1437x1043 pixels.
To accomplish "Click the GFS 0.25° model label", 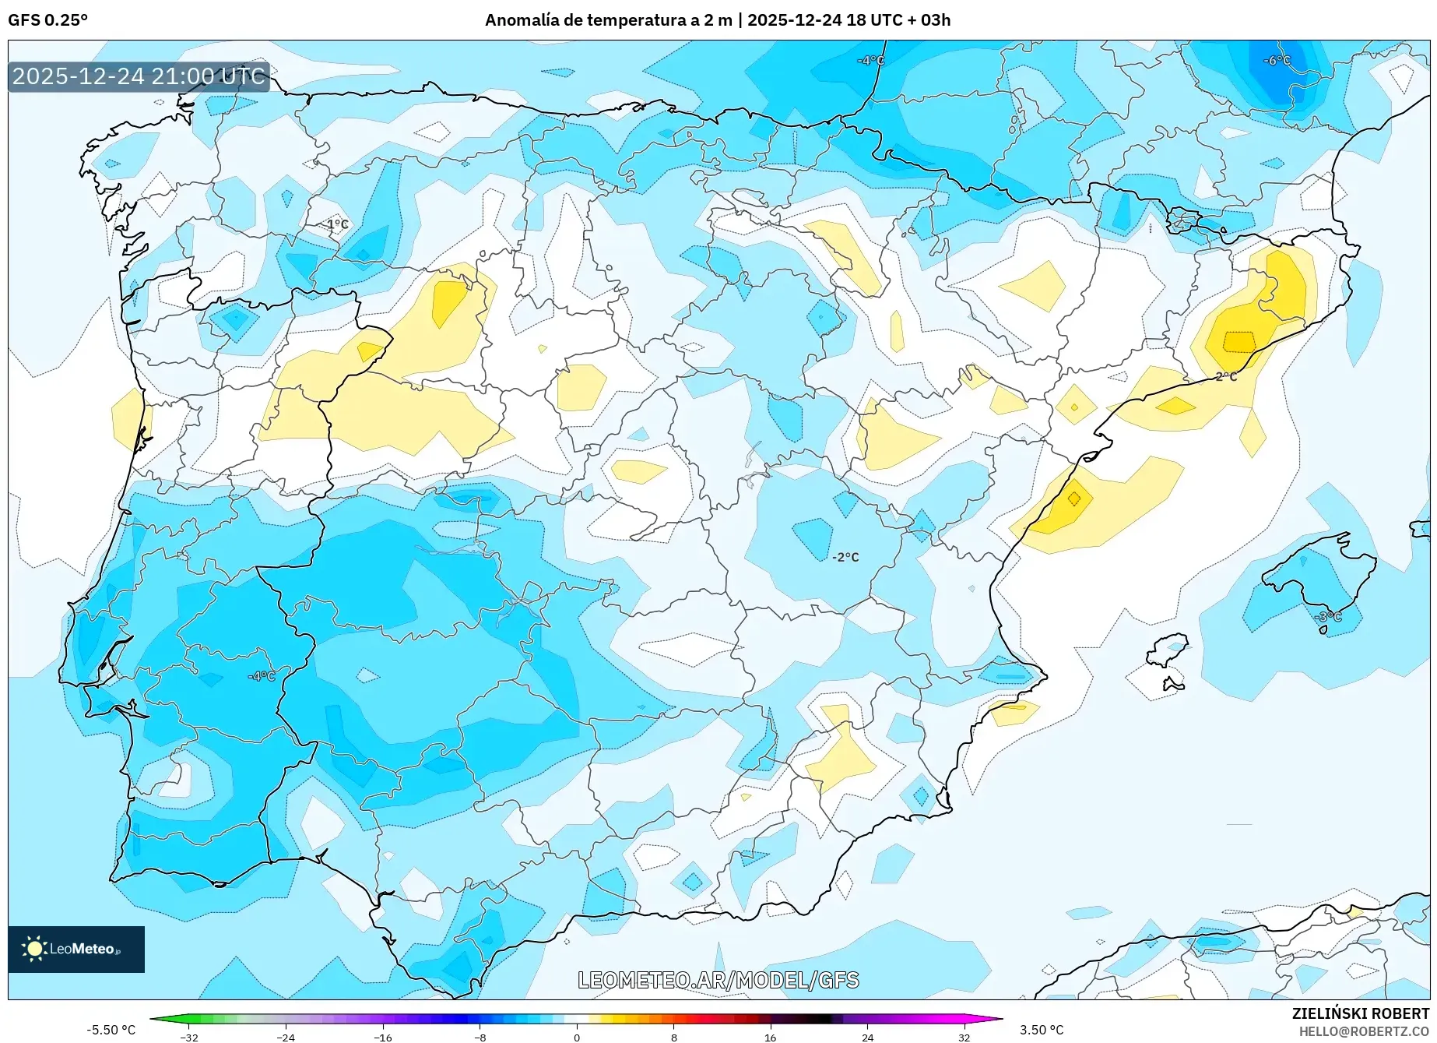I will tap(47, 20).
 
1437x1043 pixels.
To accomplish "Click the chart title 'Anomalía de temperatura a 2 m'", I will tap(608, 20).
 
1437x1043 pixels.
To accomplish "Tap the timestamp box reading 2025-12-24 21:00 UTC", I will tap(139, 76).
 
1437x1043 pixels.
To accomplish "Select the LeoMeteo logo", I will tap(76, 949).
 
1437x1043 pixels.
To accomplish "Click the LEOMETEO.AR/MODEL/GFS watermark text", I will tap(718, 980).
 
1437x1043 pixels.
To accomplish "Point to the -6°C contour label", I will tap(1277, 61).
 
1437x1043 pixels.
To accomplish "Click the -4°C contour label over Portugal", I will tap(262, 676).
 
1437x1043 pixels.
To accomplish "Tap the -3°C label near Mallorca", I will tap(1329, 617).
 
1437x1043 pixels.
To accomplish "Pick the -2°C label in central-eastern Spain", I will tap(845, 557).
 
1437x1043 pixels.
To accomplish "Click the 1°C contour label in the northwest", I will tap(337, 224).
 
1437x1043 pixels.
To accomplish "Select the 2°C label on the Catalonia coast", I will tap(1226, 376).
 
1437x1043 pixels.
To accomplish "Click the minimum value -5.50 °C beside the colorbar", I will tap(111, 1030).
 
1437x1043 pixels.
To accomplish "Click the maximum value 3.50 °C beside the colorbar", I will tap(1042, 1030).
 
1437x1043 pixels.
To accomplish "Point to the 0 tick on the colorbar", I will tap(577, 1037).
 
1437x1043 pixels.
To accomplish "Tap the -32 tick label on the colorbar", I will tap(189, 1037).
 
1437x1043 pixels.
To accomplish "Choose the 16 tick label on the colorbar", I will tap(770, 1037).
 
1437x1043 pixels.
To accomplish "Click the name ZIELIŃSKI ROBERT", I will tap(1361, 1013).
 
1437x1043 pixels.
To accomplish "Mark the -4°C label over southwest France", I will tap(870, 61).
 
